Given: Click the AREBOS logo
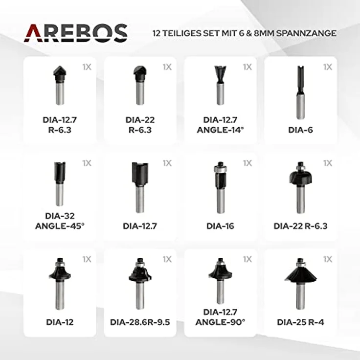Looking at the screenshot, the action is [x=75, y=33].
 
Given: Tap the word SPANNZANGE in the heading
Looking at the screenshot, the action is [x=306, y=33].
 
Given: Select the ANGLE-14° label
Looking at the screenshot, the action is [x=220, y=130].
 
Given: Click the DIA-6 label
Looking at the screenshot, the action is [x=300, y=130].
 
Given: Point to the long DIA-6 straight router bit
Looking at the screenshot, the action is [x=300, y=92].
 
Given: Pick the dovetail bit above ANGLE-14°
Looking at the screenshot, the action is [x=220, y=85].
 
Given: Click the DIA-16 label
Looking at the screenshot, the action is [x=220, y=226].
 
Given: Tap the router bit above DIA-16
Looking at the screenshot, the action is [x=220, y=187].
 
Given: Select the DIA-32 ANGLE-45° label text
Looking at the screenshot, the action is [x=60, y=221].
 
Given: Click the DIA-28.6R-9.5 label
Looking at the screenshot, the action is [x=140, y=322].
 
